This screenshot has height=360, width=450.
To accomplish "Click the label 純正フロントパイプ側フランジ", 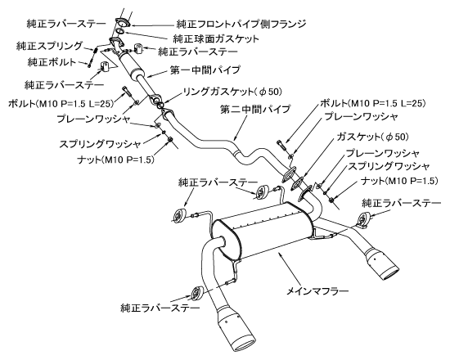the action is pos(241,24).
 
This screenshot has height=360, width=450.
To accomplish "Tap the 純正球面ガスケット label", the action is pos(216,38).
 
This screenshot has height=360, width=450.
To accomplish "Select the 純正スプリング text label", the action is pos(49,46).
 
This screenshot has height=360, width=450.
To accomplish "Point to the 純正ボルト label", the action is pos(52,61).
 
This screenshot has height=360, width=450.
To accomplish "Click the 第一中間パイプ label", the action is pos(205,70).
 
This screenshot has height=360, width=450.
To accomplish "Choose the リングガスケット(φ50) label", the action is pos(232,92).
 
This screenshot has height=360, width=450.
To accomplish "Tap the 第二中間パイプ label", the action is pos(255,109).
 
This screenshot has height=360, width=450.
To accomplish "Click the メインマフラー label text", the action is pos(318,291).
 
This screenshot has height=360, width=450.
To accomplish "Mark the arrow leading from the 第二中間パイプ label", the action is pos(241,127).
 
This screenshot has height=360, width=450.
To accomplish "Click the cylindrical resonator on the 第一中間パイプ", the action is pos(128,65).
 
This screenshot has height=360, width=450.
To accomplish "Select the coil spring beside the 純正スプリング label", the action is pos(95,53).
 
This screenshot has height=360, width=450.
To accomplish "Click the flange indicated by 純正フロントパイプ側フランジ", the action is pos(122,23).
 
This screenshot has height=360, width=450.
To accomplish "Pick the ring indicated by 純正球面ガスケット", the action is pos(121,31).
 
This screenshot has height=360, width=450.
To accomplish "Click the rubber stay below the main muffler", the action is pos(197,294).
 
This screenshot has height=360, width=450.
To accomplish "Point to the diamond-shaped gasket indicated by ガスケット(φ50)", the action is pos(298,184).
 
